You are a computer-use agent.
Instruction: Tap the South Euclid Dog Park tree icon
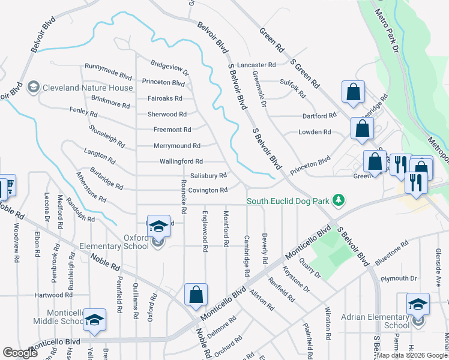pos(339,200)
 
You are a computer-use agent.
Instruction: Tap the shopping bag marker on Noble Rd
pos(196,295)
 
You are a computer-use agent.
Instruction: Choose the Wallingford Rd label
pos(181,161)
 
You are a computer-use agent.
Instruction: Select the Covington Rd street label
pos(208,190)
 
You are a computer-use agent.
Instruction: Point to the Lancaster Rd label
pos(256,65)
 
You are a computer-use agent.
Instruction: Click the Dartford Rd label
pos(318,116)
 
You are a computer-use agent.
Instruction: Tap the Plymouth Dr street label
pos(399,278)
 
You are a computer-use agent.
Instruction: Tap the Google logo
pos(20,353)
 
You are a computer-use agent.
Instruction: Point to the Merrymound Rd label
pos(176,146)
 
